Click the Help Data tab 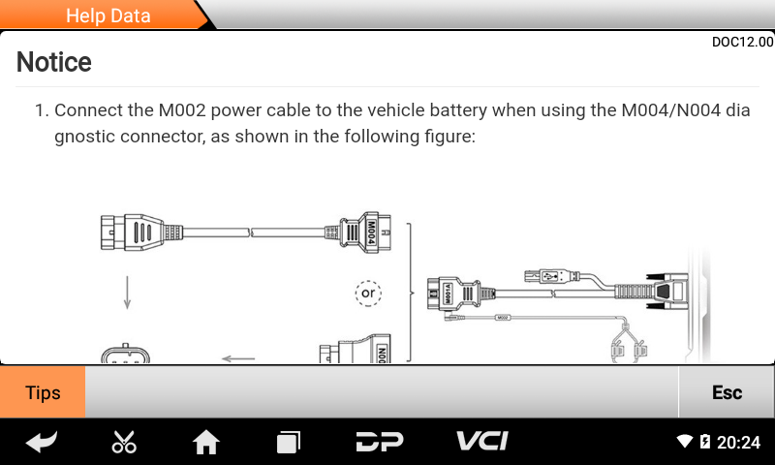(108, 15)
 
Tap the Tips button (43, 392)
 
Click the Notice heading (54, 62)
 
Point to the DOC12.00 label (742, 42)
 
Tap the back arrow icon (41, 442)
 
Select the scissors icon (124, 442)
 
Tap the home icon (206, 442)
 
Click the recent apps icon (289, 442)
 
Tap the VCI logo (481, 442)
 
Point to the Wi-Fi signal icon (685, 442)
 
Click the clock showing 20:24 (738, 442)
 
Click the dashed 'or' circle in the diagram (368, 292)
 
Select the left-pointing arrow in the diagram (238, 358)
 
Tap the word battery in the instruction (431, 110)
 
